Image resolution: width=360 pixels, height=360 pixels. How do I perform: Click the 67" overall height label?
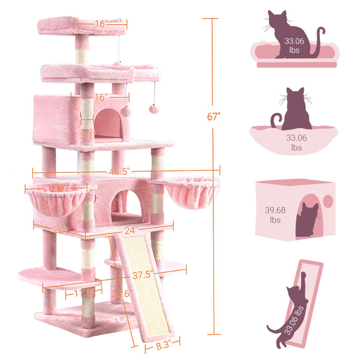point(214,117)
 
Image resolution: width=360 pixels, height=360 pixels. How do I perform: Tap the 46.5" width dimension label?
point(119,172)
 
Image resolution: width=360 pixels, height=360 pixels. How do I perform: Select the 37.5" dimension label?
point(143,275)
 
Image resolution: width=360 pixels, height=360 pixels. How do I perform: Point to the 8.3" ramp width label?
point(163,345)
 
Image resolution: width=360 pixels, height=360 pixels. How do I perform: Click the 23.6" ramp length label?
point(122,293)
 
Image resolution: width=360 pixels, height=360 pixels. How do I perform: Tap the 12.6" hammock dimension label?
point(57,187)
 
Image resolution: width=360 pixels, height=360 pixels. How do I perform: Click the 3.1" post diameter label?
point(87,135)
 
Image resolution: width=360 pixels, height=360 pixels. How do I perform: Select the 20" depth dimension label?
point(60,230)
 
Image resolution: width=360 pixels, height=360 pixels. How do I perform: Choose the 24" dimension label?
point(131,230)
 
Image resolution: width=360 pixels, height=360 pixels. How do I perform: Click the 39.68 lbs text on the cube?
point(275,215)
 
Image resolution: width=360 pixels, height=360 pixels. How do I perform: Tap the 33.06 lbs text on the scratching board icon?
point(294,320)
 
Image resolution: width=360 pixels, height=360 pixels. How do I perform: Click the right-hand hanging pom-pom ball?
point(154,109)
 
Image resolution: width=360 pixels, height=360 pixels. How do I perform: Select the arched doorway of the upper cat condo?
point(108,123)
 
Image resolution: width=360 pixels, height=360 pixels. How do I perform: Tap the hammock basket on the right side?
point(192,192)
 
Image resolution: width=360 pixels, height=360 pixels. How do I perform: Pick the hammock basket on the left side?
point(56,201)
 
